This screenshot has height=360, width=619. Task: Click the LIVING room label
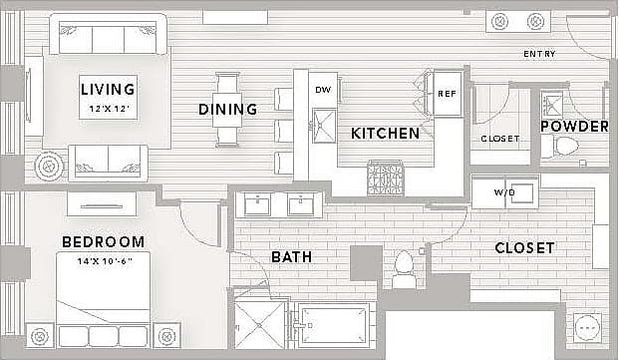click(x=108, y=90)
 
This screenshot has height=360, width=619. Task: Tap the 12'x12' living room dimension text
click(x=108, y=107)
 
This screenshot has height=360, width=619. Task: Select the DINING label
click(x=227, y=109)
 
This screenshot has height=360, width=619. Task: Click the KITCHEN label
click(x=385, y=133)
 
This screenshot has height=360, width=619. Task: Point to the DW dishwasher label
click(x=323, y=90)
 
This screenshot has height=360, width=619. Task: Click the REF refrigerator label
click(x=448, y=93)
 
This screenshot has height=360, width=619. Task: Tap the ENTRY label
click(x=538, y=54)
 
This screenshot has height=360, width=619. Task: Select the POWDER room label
click(x=574, y=126)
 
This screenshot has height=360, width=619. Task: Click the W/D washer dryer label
click(x=504, y=191)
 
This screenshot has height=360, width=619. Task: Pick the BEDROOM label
click(x=103, y=241)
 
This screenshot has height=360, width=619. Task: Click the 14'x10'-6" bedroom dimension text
click(x=103, y=259)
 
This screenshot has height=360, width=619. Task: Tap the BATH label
click(x=291, y=256)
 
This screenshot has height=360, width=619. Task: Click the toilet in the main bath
click(x=405, y=265)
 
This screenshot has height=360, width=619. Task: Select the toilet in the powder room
click(x=564, y=148)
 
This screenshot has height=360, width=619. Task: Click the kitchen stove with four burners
click(x=385, y=179)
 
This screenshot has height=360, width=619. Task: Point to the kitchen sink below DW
click(x=323, y=125)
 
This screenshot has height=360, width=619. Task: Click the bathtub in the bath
click(x=334, y=326)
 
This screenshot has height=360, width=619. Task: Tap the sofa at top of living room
click(x=108, y=38)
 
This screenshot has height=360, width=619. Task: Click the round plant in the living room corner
click(x=48, y=166)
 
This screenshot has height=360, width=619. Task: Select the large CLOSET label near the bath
click(x=524, y=247)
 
